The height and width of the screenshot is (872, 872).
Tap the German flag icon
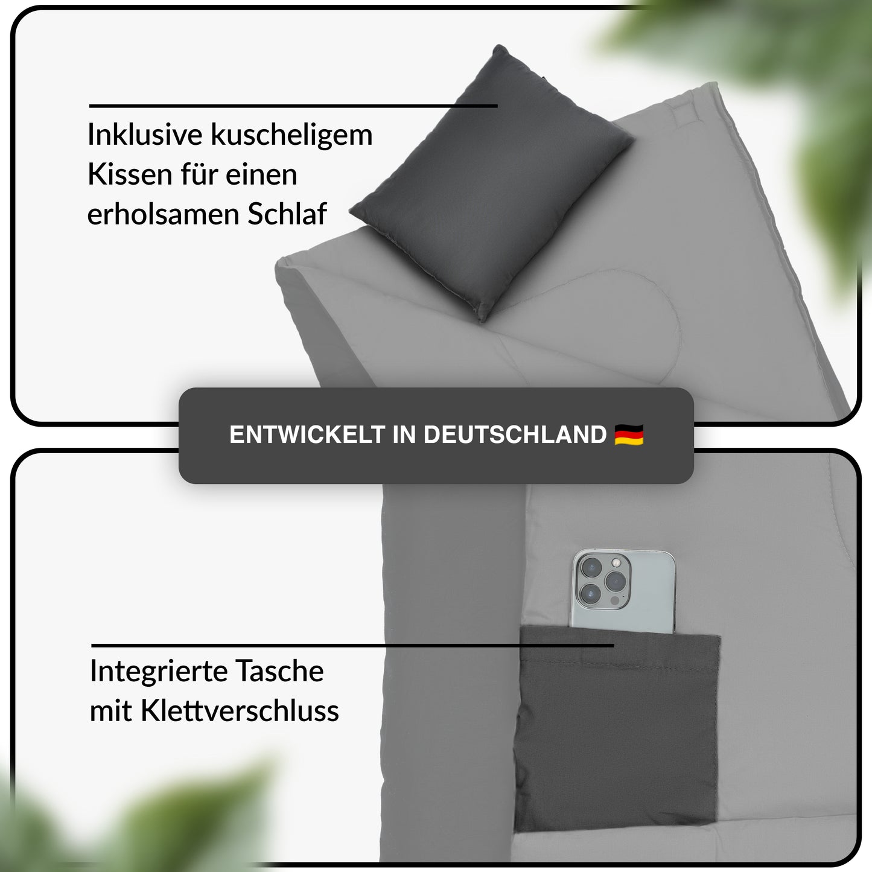coord(629,435)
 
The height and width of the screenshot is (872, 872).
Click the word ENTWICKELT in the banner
coord(308,435)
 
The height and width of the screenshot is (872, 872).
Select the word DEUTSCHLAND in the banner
coord(515,435)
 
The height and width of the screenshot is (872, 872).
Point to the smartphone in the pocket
coord(623,591)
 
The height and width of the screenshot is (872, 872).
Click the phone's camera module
coord(602,580)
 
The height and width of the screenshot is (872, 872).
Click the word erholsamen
coord(163,214)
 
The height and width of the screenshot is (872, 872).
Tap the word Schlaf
coord(287,214)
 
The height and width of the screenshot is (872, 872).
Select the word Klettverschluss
coord(240,711)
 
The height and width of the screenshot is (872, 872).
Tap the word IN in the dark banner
coord(404,435)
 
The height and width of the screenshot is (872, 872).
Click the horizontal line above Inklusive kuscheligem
coord(293,106)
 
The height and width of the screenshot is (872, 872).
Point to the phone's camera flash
coord(616,562)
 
